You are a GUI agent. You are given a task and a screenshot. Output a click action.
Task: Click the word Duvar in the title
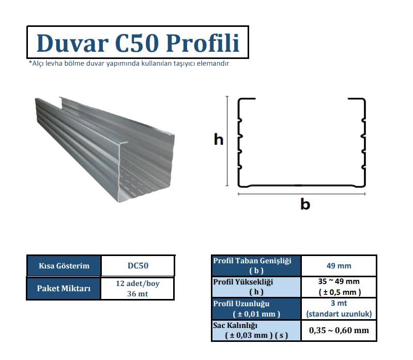pyautogui.click(x=72, y=43)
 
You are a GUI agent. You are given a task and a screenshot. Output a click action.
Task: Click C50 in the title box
pyautogui.click(x=137, y=43)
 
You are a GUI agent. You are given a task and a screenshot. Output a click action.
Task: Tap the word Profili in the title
pyautogui.click(x=203, y=43)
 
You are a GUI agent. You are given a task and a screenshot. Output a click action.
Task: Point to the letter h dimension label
pyautogui.click(x=219, y=139)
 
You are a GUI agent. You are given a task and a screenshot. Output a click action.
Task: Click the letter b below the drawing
pyautogui.click(x=305, y=204)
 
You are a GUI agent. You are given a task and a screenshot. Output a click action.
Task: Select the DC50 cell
pyautogui.click(x=138, y=265)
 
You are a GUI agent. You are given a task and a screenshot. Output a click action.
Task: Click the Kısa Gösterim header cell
pyautogui.click(x=64, y=265)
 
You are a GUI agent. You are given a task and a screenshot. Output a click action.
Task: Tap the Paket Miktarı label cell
pyautogui.click(x=64, y=288)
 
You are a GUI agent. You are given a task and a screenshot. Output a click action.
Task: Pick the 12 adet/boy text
pyautogui.click(x=137, y=283)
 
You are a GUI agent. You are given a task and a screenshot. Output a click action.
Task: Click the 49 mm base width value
pyautogui.click(x=339, y=266)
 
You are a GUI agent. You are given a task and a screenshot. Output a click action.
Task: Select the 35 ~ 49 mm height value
pyautogui.click(x=339, y=281)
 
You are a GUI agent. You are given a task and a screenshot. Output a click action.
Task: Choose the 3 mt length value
pyautogui.click(x=339, y=303)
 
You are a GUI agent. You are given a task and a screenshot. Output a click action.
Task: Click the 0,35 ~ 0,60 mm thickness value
pyautogui.click(x=339, y=330)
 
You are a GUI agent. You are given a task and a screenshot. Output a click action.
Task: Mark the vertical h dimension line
pyautogui.click(x=227, y=141)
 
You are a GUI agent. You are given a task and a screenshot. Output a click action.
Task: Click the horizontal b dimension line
pyautogui.click(x=301, y=193)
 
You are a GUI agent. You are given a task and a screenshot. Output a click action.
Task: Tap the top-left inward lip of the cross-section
pyautogui.click(x=247, y=99)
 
